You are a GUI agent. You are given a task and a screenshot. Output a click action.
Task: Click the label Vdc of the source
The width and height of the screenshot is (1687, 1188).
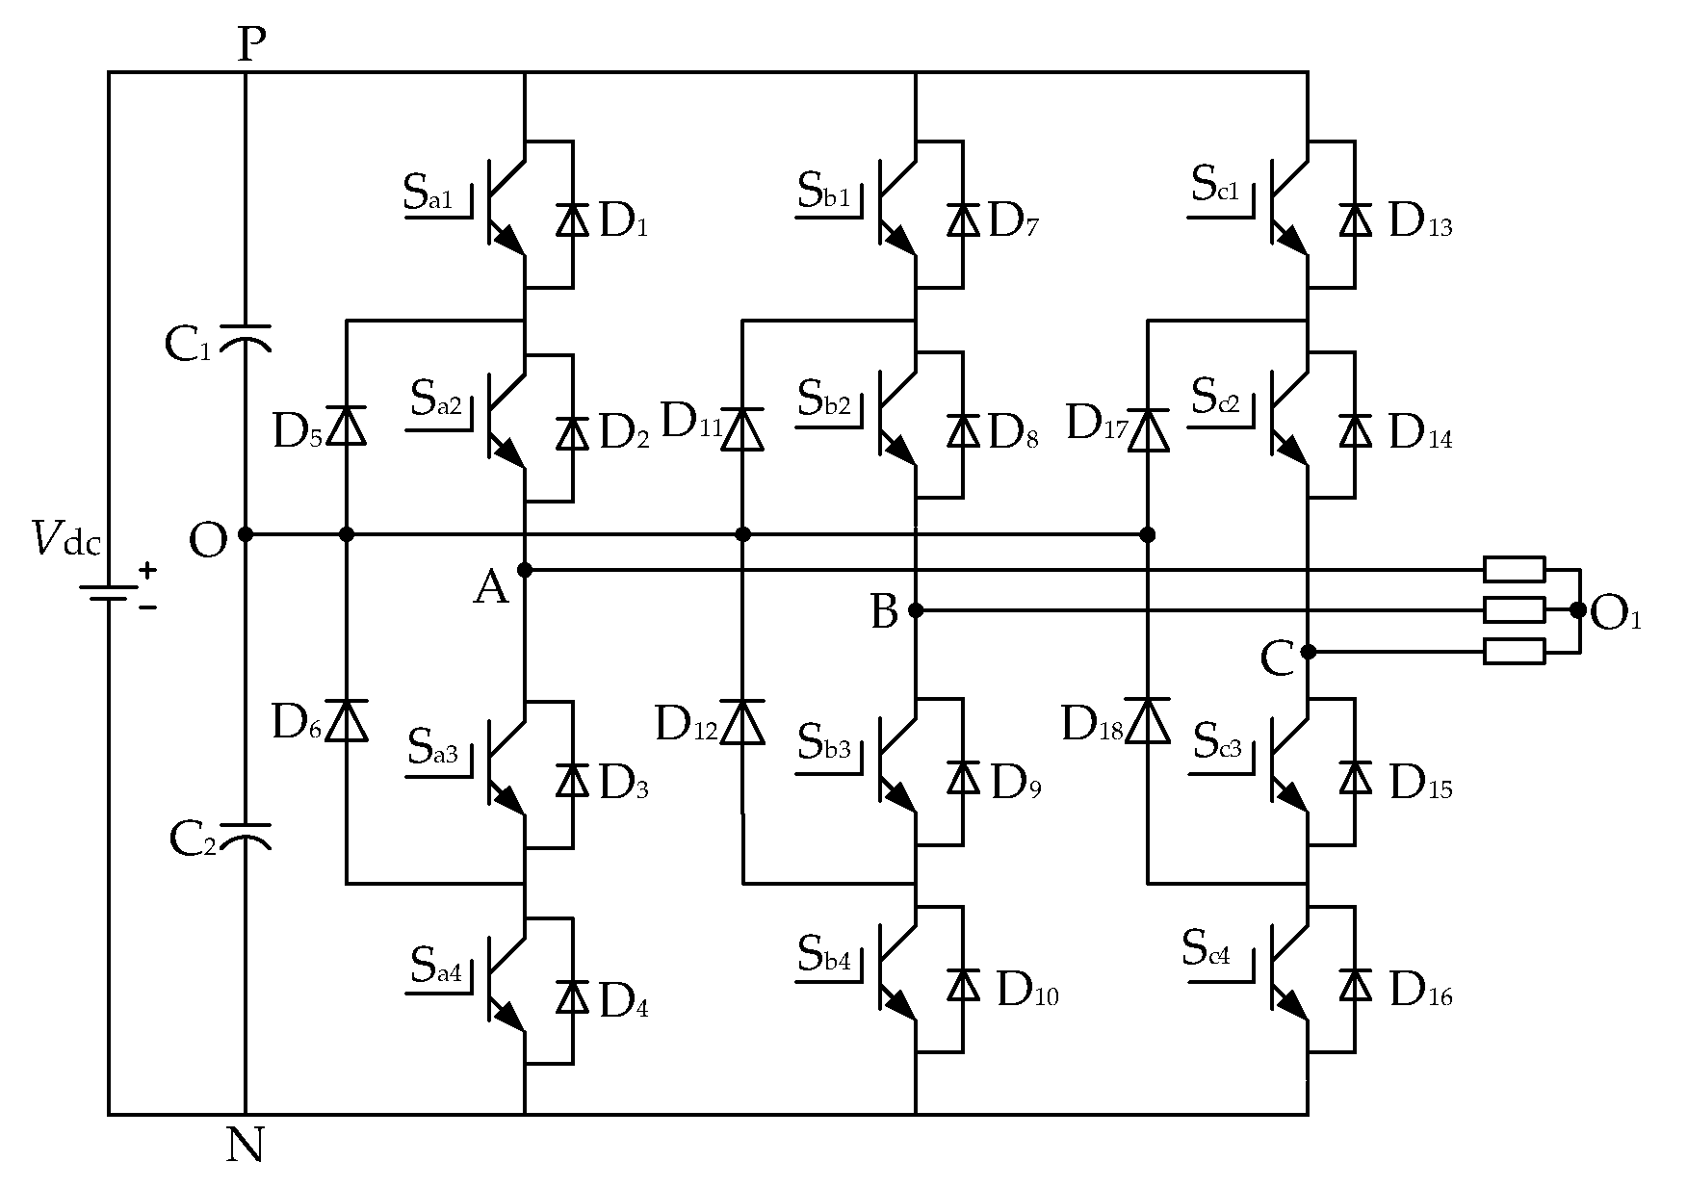(x=65, y=539)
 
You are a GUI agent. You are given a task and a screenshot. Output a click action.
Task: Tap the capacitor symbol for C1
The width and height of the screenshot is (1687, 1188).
(x=246, y=338)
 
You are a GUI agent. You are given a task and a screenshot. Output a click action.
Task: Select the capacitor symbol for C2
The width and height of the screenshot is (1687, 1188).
(x=246, y=835)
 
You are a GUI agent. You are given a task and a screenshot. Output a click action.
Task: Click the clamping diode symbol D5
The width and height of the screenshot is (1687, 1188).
(x=347, y=426)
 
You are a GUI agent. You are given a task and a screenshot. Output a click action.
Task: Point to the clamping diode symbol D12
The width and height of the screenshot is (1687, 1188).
(x=742, y=722)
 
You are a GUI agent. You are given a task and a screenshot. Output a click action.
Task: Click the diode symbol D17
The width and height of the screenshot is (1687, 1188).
(x=1148, y=429)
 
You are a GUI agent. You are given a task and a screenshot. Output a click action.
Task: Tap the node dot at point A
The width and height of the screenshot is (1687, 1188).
(x=525, y=570)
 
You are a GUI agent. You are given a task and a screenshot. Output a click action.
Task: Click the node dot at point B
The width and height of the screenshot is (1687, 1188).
(x=916, y=609)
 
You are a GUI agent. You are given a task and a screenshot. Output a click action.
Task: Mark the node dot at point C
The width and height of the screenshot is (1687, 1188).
(x=1308, y=652)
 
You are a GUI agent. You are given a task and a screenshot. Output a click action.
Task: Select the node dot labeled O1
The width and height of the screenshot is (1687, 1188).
(x=1577, y=609)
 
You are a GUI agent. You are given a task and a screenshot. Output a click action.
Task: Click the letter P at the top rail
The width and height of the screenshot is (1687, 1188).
(x=250, y=44)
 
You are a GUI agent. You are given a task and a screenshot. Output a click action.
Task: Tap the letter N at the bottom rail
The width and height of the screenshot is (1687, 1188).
(x=246, y=1146)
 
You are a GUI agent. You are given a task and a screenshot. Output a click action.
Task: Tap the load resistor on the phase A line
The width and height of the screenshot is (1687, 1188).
(x=1514, y=570)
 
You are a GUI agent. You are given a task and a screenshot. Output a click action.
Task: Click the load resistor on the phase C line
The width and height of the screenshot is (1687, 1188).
(x=1514, y=652)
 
